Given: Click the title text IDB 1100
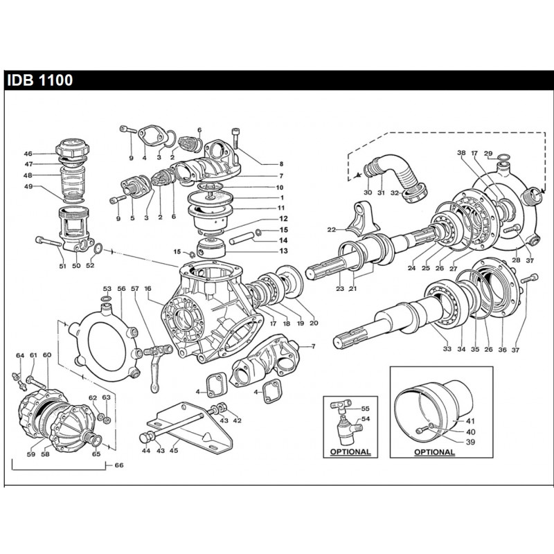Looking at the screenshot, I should coord(39,80).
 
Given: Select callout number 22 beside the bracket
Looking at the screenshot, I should coord(331,230).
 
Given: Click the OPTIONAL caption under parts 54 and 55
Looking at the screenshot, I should coord(350,452).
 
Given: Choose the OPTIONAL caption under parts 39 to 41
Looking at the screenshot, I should coord(434,452).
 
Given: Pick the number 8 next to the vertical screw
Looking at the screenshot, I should coord(262,163).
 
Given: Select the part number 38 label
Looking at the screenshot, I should coord(461,153).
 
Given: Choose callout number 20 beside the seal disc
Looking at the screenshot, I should coord(314,323).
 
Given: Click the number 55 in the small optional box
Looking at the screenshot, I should coord(366,410).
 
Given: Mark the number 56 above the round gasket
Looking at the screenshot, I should coord(120,289).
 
